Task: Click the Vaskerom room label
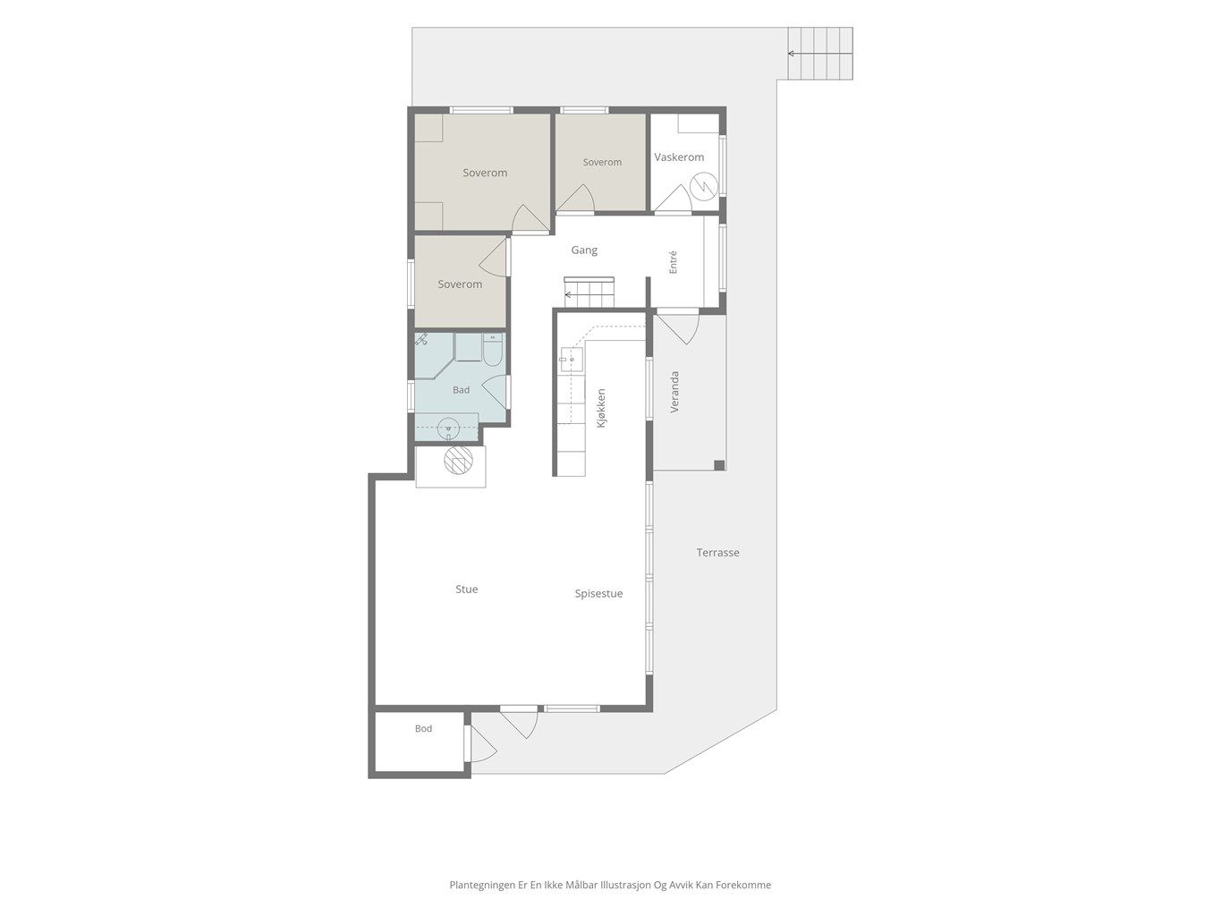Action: [679, 157]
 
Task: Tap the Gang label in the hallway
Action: [584, 250]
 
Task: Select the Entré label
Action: [673, 262]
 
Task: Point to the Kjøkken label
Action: [601, 408]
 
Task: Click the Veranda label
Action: [674, 392]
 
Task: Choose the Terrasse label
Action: [717, 552]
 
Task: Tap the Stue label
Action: [466, 589]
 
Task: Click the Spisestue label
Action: [598, 593]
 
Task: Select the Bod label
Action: [423, 728]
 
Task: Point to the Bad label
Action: [461, 390]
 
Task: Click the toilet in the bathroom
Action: [492, 349]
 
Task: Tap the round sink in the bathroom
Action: [448, 428]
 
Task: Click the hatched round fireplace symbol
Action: [458, 460]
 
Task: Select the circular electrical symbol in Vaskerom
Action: [704, 187]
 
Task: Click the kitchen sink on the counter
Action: [571, 360]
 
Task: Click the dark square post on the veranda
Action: [719, 465]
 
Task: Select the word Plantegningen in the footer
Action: [482, 885]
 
